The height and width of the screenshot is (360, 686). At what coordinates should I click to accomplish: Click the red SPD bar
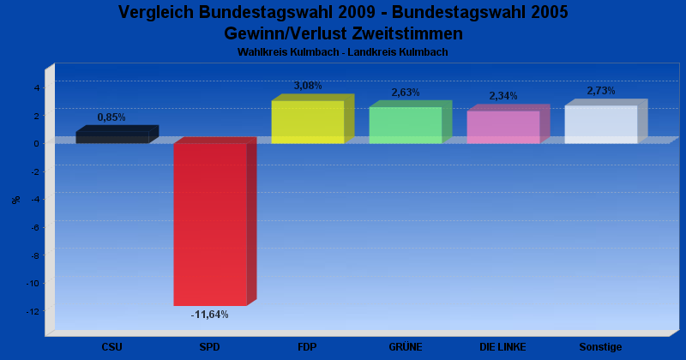tap(210, 224)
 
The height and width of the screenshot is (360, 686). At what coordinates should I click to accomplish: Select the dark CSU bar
tap(112, 137)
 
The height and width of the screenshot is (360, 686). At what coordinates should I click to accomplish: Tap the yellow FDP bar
tap(308, 122)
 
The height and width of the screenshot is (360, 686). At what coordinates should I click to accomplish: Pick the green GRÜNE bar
tap(406, 124)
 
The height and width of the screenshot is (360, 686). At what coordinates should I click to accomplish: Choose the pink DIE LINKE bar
tap(503, 127)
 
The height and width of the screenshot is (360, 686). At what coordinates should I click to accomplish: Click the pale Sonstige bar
tap(601, 124)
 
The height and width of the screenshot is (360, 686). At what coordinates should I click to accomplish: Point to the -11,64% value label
tap(209, 315)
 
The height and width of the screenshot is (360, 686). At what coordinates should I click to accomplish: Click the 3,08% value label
tap(308, 86)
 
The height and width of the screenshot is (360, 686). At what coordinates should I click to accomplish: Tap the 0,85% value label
tap(111, 117)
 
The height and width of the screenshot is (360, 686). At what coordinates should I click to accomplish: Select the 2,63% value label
tap(406, 93)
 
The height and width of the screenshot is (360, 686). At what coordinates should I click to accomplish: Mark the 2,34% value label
tap(503, 96)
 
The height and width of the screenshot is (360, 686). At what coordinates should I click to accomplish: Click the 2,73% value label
tap(601, 91)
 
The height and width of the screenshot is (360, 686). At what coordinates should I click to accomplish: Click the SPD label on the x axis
tap(209, 347)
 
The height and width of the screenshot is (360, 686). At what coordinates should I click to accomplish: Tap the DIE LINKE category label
tap(502, 347)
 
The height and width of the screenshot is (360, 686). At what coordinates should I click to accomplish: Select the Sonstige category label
tap(600, 347)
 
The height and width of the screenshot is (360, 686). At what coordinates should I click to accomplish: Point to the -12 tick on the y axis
tap(35, 311)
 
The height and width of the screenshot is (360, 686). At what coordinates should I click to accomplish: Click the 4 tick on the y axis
tap(37, 87)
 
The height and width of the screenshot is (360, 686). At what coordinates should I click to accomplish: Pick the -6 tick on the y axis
tap(36, 227)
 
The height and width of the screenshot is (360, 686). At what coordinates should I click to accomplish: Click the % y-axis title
tap(16, 200)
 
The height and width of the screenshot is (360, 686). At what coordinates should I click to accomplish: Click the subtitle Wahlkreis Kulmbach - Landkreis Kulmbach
tap(343, 52)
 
